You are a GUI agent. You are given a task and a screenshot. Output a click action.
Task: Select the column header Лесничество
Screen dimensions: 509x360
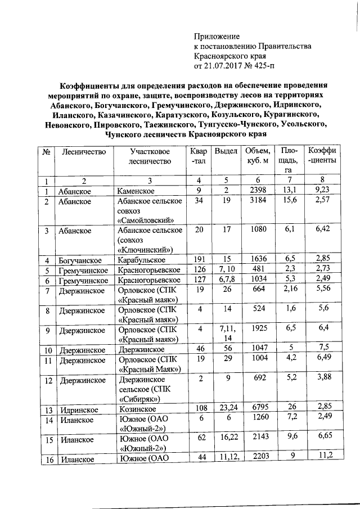pos(84,152)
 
